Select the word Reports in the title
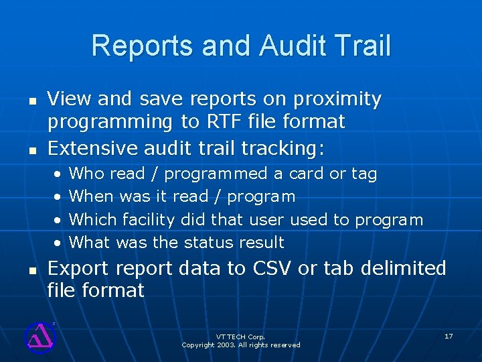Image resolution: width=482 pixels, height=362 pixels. coord(137,46)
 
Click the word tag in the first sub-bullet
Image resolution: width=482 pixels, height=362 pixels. coord(364,174)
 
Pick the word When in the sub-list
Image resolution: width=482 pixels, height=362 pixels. coord(92,197)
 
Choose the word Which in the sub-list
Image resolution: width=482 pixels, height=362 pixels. coord(92,220)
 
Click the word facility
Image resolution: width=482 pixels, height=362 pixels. coord(147,220)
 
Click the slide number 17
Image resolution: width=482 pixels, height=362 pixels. coord(449,335)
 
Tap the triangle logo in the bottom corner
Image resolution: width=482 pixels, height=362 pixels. coord(39,337)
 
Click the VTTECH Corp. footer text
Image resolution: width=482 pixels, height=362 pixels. coord(240,337)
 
